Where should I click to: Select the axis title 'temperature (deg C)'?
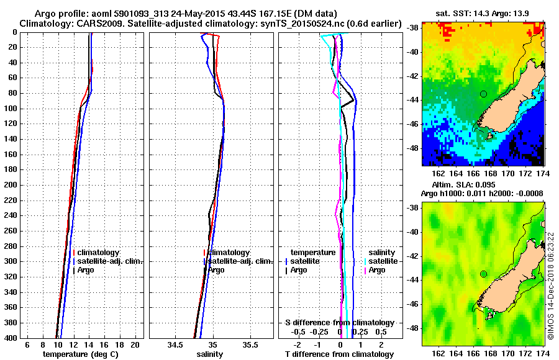click(x=81, y=354)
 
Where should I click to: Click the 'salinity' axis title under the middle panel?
click(x=209, y=354)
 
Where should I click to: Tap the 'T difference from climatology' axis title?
click(x=339, y=354)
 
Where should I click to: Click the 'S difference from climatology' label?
click(x=340, y=323)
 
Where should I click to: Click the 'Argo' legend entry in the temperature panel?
click(x=86, y=270)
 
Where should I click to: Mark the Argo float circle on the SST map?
click(x=483, y=94)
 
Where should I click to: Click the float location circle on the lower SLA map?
click(x=483, y=274)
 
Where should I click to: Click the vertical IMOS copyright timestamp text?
click(x=550, y=286)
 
